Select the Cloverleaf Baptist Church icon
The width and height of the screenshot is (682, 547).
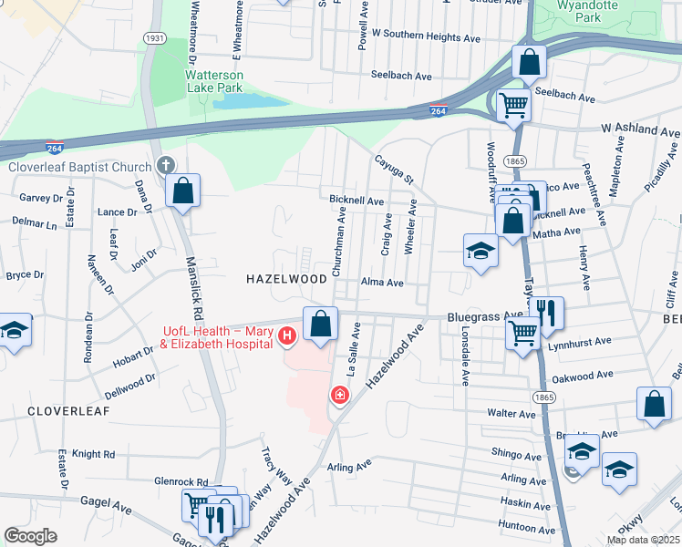click(x=165, y=166)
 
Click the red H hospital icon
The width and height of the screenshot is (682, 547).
click(x=287, y=337)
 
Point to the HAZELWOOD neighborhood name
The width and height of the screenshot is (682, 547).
click(x=286, y=279)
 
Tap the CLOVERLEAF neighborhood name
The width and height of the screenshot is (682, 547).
click(x=68, y=411)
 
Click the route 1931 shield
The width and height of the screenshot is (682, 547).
click(x=155, y=38)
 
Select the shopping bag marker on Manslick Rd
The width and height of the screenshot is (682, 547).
click(x=183, y=191)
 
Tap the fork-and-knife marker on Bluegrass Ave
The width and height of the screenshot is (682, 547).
click(x=547, y=312)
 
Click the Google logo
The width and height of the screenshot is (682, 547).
click(x=30, y=536)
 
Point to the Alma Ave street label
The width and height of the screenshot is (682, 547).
click(x=382, y=283)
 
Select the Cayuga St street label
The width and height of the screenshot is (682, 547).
click(x=395, y=169)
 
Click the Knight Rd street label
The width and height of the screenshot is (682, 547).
click(x=93, y=453)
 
